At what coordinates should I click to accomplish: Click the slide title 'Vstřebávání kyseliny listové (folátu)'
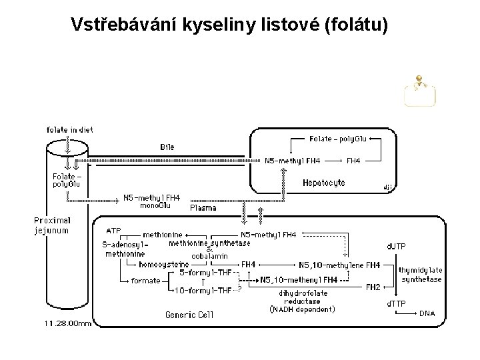pos(229,25)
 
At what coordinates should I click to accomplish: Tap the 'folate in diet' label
pos(70,129)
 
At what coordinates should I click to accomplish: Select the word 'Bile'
pos(167,146)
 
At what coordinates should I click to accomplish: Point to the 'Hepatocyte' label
pos(324,182)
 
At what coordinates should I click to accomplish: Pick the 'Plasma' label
pos(203,208)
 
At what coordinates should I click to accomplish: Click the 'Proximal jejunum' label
pos(52,225)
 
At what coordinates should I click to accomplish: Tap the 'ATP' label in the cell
pos(113,231)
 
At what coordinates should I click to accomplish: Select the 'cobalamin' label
pos(209,256)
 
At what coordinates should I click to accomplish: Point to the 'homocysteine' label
pos(164,265)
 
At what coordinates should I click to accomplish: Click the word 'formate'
pos(146,281)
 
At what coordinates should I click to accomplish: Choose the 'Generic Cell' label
pos(189,315)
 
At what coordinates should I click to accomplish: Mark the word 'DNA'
pos(427,313)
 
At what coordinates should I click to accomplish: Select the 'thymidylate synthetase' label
pos(421,275)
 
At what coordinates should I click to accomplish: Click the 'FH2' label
pos(373,287)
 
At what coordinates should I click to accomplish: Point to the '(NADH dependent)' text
pos(302,309)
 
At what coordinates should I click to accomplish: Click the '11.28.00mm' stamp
pos(69,323)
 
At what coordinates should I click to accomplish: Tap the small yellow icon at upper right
pos(420,92)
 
